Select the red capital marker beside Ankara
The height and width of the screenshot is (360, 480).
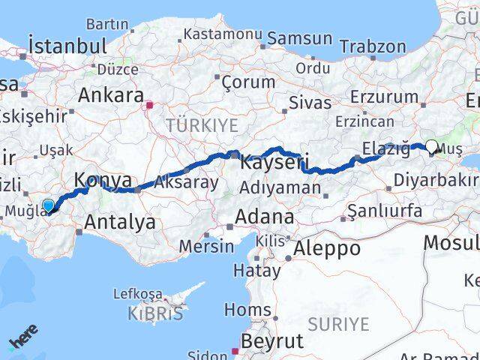pyautogui.click(x=150, y=106)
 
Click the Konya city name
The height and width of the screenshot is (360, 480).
pyautogui.click(x=103, y=181)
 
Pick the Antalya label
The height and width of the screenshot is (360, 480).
pyautogui.click(x=120, y=221)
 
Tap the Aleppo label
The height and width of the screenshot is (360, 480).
pyautogui.click(x=328, y=248)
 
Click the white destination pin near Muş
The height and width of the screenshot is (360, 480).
pyautogui.click(x=433, y=148)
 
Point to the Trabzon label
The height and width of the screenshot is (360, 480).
pyautogui.click(x=373, y=46)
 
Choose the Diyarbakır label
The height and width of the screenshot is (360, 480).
pyautogui.click(x=436, y=181)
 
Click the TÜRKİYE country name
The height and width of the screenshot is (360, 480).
pyautogui.click(x=202, y=124)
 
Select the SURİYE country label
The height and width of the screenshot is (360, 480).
pyautogui.click(x=338, y=324)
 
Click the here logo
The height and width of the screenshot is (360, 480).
pyautogui.click(x=23, y=338)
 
